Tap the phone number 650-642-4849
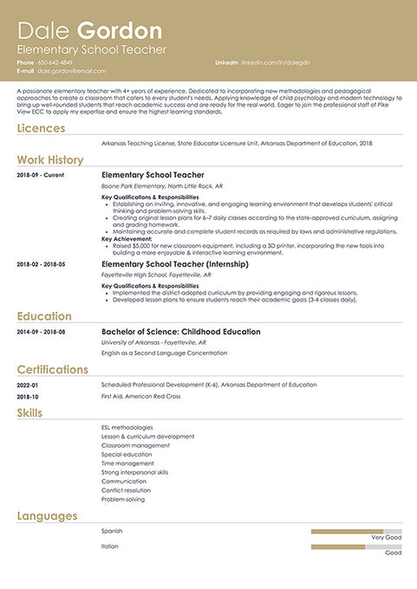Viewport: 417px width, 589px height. [55, 63]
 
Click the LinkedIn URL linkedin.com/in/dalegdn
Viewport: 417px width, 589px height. [274, 63]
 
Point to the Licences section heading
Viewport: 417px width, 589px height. [41, 128]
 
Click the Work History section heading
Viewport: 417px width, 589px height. [50, 159]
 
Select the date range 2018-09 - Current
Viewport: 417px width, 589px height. [40, 175]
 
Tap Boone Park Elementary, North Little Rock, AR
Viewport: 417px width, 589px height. [162, 186]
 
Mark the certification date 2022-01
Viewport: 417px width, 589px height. [28, 385]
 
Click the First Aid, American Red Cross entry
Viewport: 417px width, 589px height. [140, 396]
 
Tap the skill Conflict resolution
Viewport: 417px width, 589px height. [126, 490]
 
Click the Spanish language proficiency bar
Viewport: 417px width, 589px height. [355, 530]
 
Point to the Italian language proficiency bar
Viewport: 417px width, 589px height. [355, 547]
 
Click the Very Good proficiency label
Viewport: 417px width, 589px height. [386, 538]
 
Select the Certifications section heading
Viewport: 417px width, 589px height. [52, 369]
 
